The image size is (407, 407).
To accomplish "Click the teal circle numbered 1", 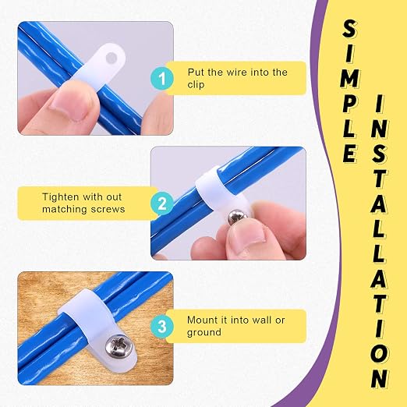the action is point(162,79).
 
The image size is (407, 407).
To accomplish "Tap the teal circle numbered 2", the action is point(162,203).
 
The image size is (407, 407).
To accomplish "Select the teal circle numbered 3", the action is point(162,327).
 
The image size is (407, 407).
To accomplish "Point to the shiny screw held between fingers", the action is point(237,216).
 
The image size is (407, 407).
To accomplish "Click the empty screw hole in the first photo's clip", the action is point(111,58).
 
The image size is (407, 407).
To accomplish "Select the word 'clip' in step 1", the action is point(196,85).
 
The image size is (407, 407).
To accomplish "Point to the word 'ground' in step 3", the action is point(204,333).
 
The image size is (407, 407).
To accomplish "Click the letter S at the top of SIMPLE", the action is point(349,29).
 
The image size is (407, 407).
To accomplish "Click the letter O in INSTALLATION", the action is point(379,353).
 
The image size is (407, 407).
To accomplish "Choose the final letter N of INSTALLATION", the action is point(380,378).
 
